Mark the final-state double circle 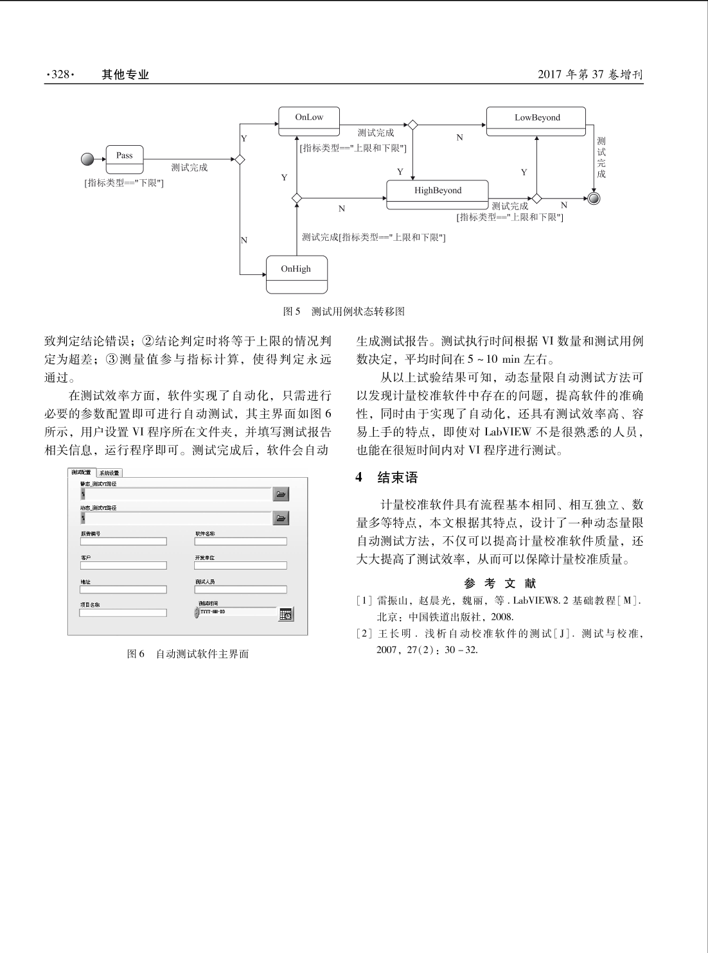coord(594,198)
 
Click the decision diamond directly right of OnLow coord(412,125)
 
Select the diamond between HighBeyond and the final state coord(536,198)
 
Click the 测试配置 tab coord(82,473)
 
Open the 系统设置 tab coord(109,473)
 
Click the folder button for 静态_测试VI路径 coord(281,494)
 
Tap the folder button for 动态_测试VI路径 coord(281,518)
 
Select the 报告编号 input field coord(123,541)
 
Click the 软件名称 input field coord(240,541)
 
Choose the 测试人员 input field coord(240,590)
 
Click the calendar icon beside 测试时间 coord(287,614)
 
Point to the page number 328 coord(60,74)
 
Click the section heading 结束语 coord(397,478)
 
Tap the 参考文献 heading coord(500,583)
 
